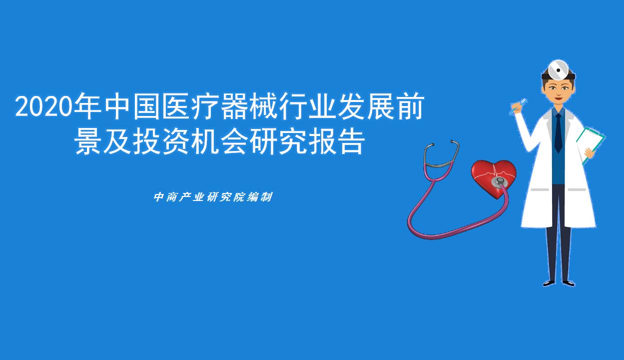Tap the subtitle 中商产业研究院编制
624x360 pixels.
(x=213, y=197)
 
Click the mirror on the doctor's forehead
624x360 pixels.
(x=558, y=69)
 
